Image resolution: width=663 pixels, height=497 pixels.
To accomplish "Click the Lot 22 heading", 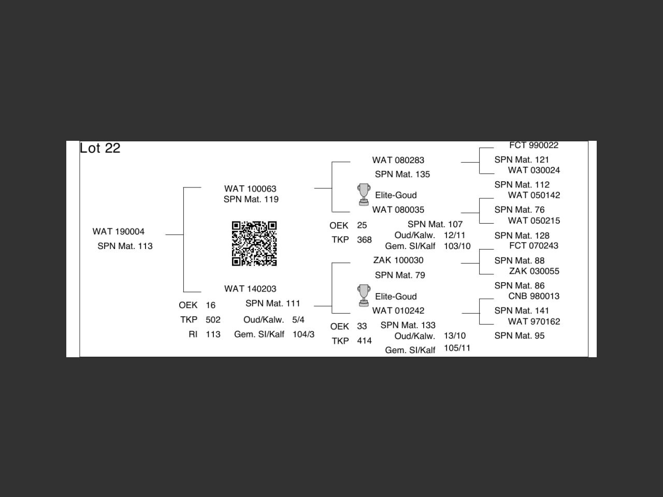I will pyautogui.click(x=100, y=148).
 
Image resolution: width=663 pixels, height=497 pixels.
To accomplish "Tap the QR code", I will pyautogui.click(x=254, y=243).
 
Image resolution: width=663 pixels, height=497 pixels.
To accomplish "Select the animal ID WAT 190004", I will pyautogui.click(x=119, y=231).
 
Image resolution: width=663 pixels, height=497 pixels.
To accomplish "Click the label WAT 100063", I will pyautogui.click(x=250, y=189).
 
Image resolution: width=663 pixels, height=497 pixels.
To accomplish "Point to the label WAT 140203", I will pyautogui.click(x=250, y=289).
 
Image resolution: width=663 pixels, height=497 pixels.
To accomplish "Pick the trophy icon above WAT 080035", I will pyautogui.click(x=364, y=195).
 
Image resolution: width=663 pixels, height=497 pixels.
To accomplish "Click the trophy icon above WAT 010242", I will pyautogui.click(x=364, y=296).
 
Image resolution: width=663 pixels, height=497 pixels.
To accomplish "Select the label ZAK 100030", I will pyautogui.click(x=398, y=260).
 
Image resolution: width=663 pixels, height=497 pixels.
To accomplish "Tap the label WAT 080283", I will pyautogui.click(x=398, y=160).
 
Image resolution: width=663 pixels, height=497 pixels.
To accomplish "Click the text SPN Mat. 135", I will pyautogui.click(x=402, y=174).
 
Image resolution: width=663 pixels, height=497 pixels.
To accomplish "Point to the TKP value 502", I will pyautogui.click(x=213, y=320).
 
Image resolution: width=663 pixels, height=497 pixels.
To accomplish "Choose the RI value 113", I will pyautogui.click(x=213, y=334).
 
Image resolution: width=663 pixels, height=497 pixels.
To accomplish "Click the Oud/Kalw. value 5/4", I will pyautogui.click(x=298, y=320).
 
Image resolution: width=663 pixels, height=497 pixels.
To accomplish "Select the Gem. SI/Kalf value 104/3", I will pyautogui.click(x=304, y=334).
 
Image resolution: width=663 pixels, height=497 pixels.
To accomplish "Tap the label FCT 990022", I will pyautogui.click(x=534, y=145).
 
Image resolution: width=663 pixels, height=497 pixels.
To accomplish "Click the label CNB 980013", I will pyautogui.click(x=534, y=296).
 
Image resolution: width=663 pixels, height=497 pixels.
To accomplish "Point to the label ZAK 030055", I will pyautogui.click(x=534, y=271).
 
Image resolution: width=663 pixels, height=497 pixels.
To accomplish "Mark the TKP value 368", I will pyautogui.click(x=364, y=240).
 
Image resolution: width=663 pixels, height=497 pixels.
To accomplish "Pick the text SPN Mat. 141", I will pyautogui.click(x=522, y=311).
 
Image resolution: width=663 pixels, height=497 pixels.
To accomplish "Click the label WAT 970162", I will pyautogui.click(x=534, y=321).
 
